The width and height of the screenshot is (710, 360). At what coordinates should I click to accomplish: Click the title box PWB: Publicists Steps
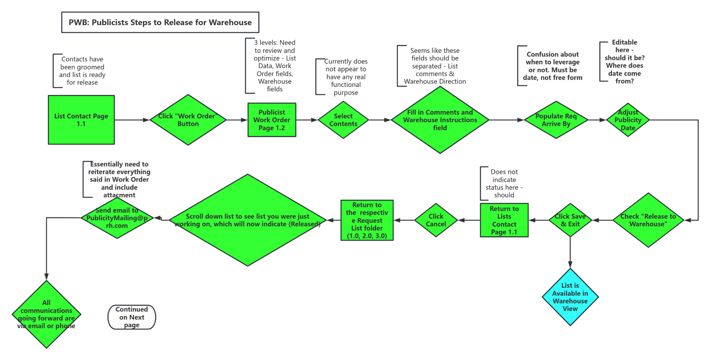click(x=160, y=22)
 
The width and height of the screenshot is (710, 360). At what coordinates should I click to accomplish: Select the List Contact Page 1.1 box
click(x=81, y=120)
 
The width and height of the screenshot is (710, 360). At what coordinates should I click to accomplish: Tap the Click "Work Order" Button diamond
click(x=188, y=120)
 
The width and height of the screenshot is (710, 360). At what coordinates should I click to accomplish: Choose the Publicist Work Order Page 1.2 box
click(x=271, y=120)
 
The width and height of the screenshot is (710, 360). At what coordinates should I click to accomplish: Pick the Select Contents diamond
click(x=343, y=120)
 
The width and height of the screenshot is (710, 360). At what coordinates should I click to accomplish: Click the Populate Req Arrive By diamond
click(x=556, y=120)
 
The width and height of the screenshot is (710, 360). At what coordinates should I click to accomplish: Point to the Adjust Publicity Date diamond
click(x=628, y=120)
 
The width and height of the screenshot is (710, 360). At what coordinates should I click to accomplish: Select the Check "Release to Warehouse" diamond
click(x=648, y=220)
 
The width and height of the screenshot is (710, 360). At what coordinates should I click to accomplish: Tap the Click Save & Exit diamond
click(x=570, y=220)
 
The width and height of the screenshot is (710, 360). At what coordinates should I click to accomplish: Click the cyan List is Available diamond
click(x=570, y=297)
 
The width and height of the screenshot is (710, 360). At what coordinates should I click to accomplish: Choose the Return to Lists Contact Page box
click(x=504, y=220)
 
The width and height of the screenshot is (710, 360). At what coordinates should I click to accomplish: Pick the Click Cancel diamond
click(x=436, y=220)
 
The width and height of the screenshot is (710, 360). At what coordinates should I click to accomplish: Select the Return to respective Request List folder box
click(x=367, y=220)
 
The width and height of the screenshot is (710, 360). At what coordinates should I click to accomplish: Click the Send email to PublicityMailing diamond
click(x=117, y=218)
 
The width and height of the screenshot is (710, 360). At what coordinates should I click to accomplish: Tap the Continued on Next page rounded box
click(x=132, y=317)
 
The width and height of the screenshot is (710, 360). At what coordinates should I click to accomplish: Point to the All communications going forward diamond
click(x=46, y=314)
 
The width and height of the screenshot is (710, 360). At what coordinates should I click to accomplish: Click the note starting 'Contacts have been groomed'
click(x=82, y=71)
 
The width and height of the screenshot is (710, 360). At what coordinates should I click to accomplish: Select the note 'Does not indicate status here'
click(x=504, y=183)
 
